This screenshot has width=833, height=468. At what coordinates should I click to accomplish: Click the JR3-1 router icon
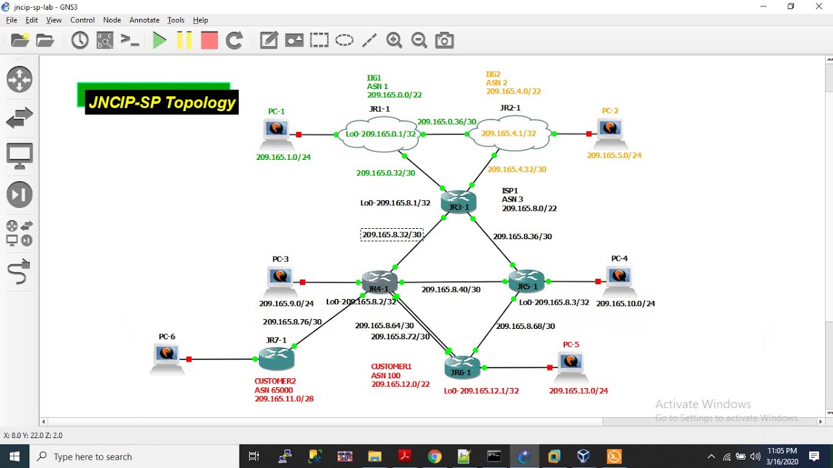pyautogui.click(x=459, y=201)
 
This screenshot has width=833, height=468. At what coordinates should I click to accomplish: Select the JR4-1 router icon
pyautogui.click(x=379, y=282)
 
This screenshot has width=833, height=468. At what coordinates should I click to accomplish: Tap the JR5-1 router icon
pyautogui.click(x=526, y=281)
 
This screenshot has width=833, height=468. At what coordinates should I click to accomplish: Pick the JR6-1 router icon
pyautogui.click(x=462, y=367)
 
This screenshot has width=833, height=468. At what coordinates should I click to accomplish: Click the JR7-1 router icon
pyautogui.click(x=277, y=358)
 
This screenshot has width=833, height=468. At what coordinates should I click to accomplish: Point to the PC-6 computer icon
pyautogui.click(x=167, y=358)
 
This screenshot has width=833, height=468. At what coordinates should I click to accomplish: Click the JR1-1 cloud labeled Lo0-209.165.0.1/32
pyautogui.click(x=381, y=134)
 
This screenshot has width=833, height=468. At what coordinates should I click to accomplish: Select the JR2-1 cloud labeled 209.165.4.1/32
pyautogui.click(x=509, y=133)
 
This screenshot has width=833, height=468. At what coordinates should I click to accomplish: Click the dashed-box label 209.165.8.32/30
pyautogui.click(x=392, y=235)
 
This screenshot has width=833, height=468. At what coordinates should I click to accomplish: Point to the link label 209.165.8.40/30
pyautogui.click(x=451, y=290)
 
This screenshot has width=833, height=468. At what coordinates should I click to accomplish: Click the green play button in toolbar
pyautogui.click(x=159, y=41)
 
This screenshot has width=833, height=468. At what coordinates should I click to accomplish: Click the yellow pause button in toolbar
pyautogui.click(x=184, y=41)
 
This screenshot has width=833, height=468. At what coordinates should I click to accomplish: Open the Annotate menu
pyautogui.click(x=144, y=20)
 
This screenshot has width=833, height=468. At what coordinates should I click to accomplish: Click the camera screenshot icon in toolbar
pyautogui.click(x=444, y=41)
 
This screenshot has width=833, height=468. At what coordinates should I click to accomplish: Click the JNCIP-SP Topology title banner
pyautogui.click(x=161, y=103)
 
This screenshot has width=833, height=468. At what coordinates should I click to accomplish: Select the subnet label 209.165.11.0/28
pyautogui.click(x=284, y=398)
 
